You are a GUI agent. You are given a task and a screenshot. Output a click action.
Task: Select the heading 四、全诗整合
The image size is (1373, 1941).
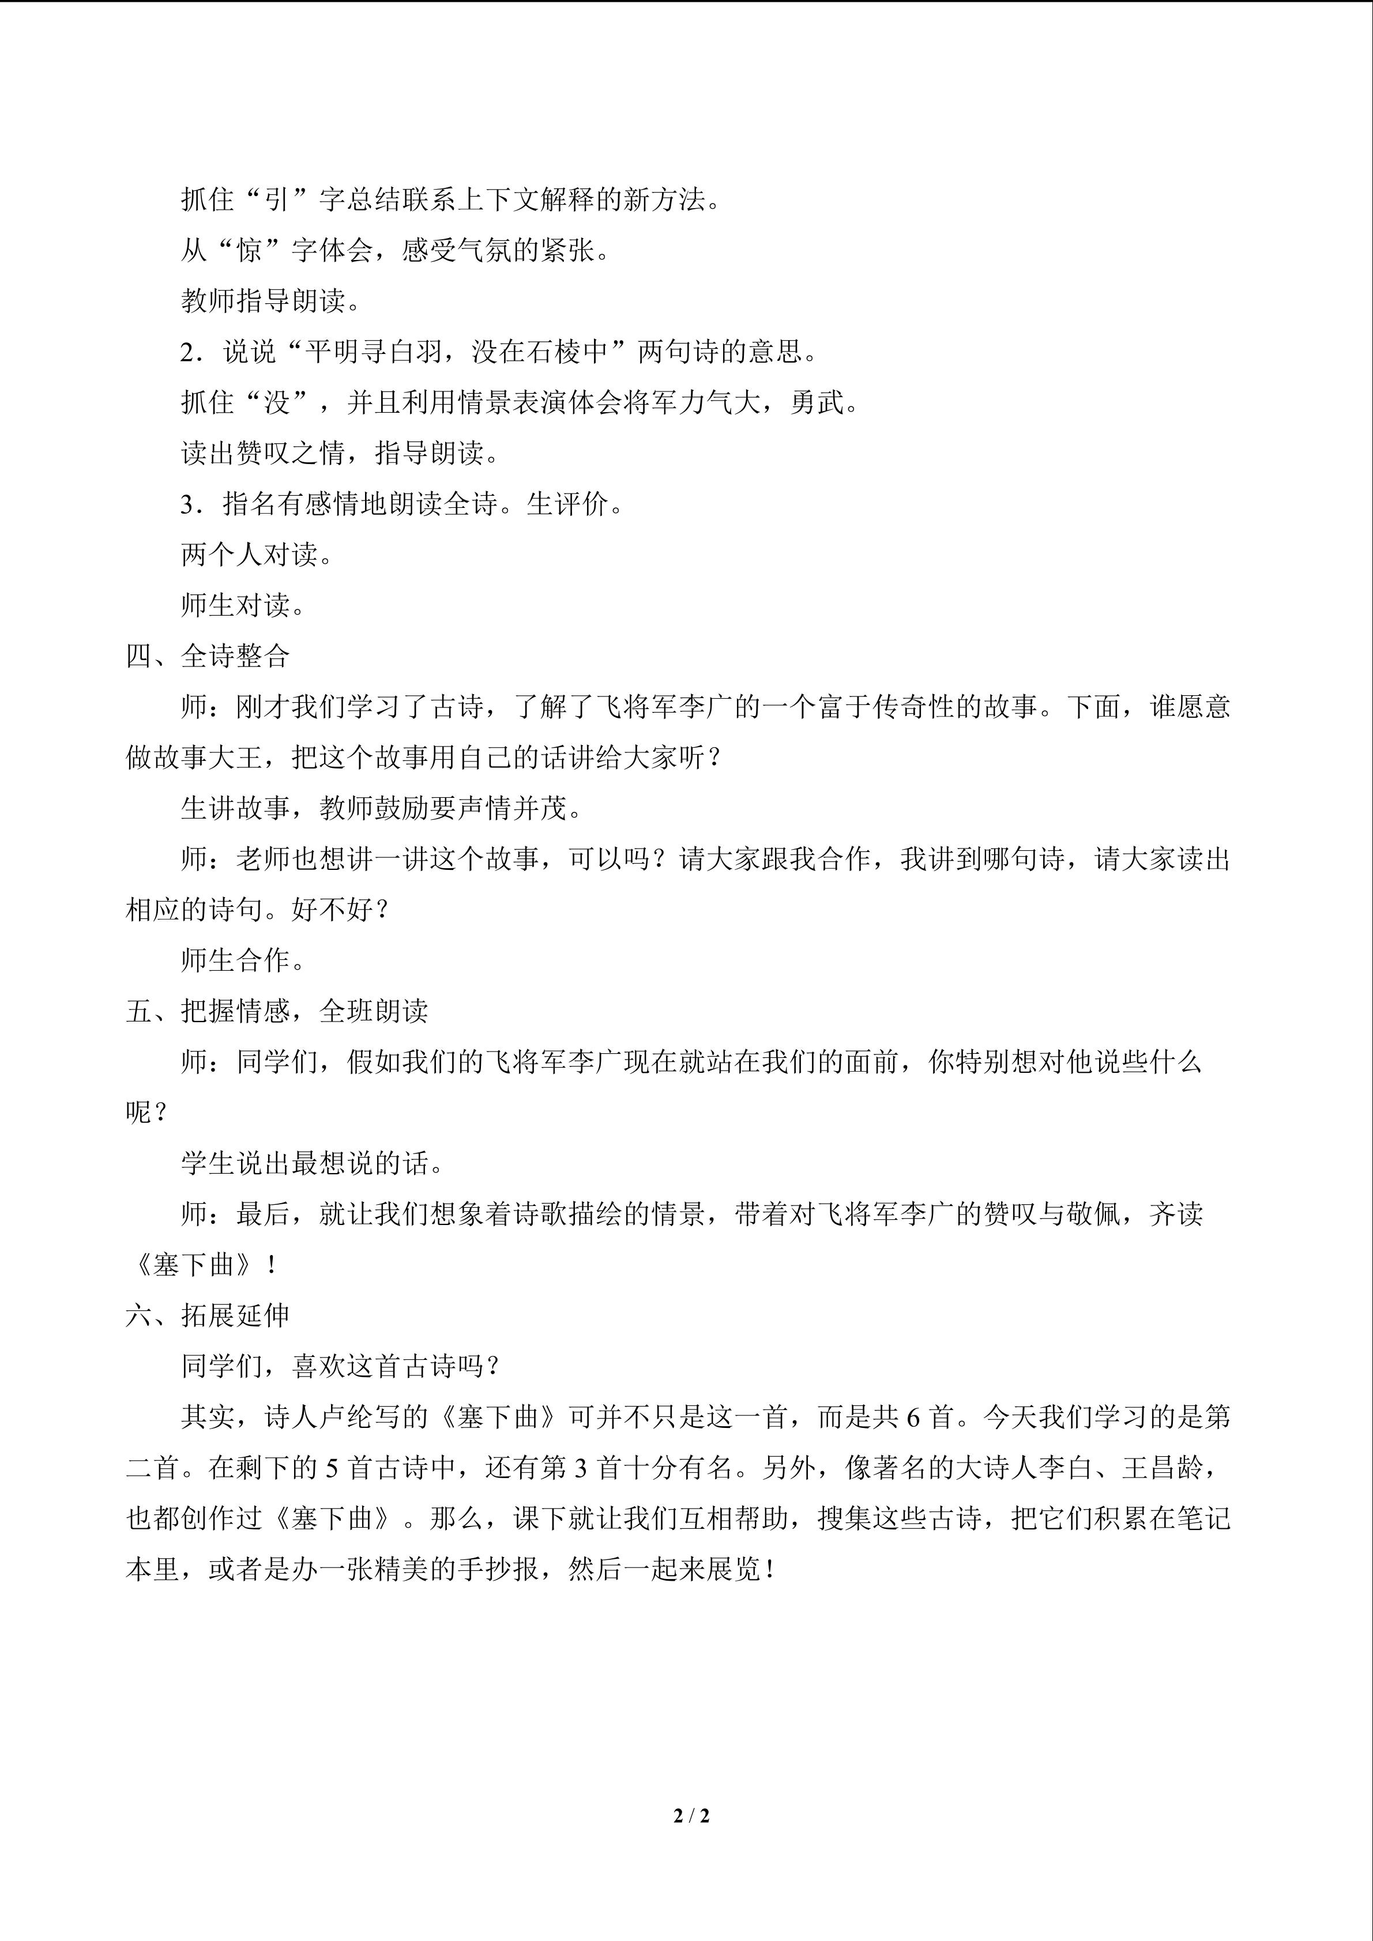point(208,656)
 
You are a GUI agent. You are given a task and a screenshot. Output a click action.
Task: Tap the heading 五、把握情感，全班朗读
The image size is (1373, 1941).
point(277,1011)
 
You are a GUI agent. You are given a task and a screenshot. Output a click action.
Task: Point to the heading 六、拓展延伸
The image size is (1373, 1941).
point(208,1316)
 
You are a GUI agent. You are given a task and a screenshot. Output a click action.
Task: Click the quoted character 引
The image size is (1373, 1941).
point(276,199)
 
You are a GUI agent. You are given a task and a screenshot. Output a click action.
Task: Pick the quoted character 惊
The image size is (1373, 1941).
point(250,250)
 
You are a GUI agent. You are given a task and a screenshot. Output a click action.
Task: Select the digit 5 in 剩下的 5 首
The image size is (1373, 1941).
point(332,1468)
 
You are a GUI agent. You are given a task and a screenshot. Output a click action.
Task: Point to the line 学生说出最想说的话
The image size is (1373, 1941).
point(312,1163)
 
